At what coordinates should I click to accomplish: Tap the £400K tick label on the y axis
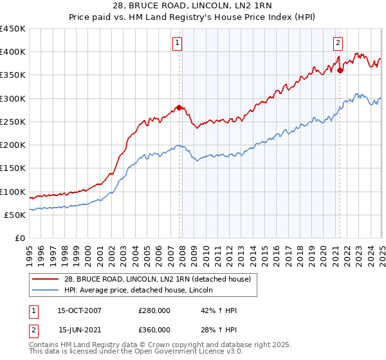[13, 52]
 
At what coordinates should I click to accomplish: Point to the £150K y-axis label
[13, 168]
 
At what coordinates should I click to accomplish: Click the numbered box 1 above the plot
[177, 43]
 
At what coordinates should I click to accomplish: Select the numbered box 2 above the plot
[338, 43]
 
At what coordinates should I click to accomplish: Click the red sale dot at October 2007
[179, 107]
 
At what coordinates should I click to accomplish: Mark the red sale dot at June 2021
[340, 71]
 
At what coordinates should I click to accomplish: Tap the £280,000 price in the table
[154, 310]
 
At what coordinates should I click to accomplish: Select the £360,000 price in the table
[154, 330]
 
